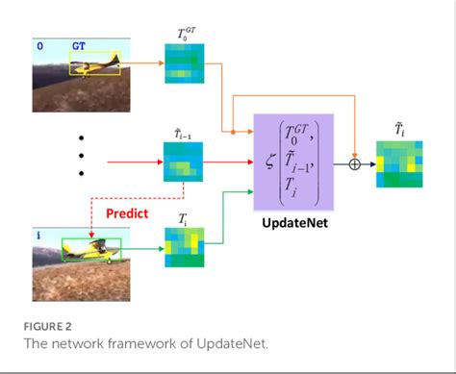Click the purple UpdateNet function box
[292, 162]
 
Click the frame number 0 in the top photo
[39, 45]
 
